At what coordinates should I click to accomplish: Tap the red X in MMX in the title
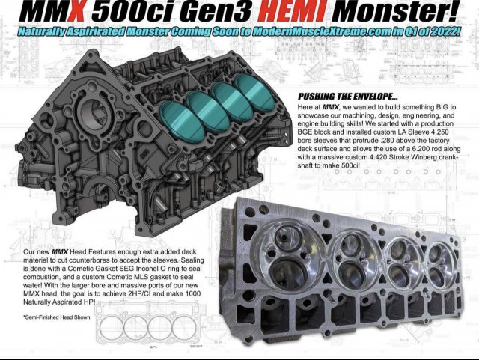pyautogui.click(x=73, y=12)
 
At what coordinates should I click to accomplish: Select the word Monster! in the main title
pyautogui.click(x=395, y=12)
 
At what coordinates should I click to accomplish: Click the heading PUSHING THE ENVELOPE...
pyautogui.click(x=347, y=97)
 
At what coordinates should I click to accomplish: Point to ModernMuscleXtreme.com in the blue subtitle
pyautogui.click(x=321, y=31)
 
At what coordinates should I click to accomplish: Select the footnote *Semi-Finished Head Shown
pyautogui.click(x=57, y=317)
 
